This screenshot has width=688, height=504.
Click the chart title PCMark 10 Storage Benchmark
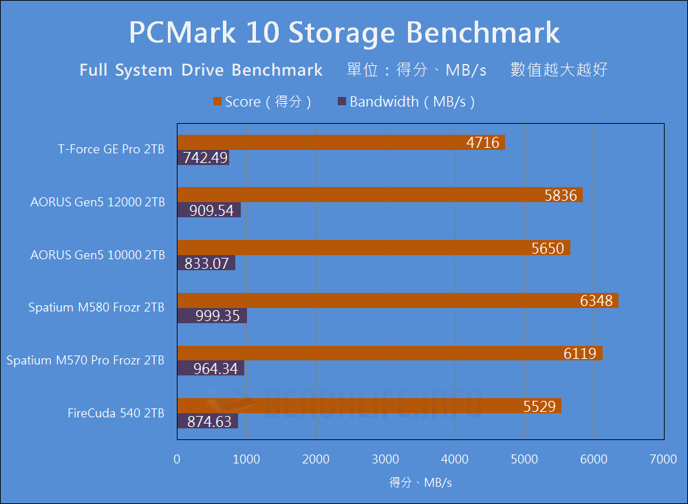[x=344, y=32]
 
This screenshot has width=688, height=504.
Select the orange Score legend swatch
[x=217, y=102]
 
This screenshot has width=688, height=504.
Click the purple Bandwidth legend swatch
[x=342, y=102]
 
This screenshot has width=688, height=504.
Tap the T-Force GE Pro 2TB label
[x=111, y=149]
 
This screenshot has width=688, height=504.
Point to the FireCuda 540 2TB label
[x=116, y=413]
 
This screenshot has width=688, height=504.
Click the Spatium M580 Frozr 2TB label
[x=96, y=307]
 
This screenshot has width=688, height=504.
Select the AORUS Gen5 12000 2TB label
[x=98, y=202]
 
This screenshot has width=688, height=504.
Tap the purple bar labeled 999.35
[x=212, y=316]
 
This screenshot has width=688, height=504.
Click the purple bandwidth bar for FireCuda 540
[x=208, y=421]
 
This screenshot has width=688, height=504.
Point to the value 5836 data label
[x=560, y=195]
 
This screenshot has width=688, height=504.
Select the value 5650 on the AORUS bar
[x=548, y=248]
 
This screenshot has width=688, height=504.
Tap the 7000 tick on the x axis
[x=663, y=459]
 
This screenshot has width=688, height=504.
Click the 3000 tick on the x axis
[x=385, y=459]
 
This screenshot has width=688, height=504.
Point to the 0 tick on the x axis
[x=178, y=459]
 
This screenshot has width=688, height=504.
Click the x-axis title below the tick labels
[x=420, y=483]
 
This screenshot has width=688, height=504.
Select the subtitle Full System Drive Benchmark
[x=201, y=70]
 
